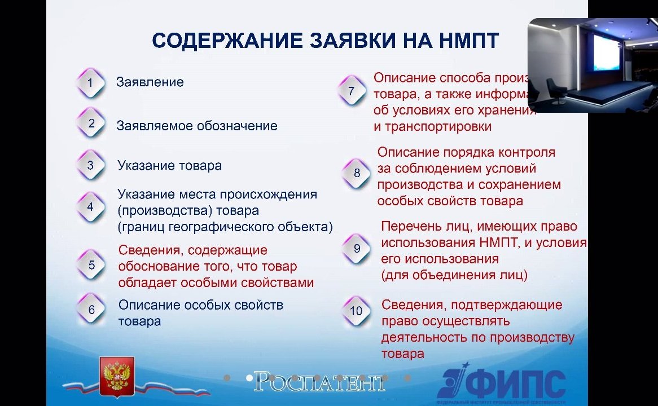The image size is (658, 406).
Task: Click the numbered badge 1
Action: point(90,83)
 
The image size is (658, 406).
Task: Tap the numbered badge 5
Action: point(91,265)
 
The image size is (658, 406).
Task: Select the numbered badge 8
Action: point(357,173)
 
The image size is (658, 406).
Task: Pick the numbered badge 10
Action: point(356,311)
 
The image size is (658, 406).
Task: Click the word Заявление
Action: point(150,82)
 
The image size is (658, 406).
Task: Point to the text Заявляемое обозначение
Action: point(196,126)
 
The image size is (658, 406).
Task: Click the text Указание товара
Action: point(169,166)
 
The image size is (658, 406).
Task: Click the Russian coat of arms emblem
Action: point(116,375)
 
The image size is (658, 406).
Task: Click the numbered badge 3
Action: point(90,166)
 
